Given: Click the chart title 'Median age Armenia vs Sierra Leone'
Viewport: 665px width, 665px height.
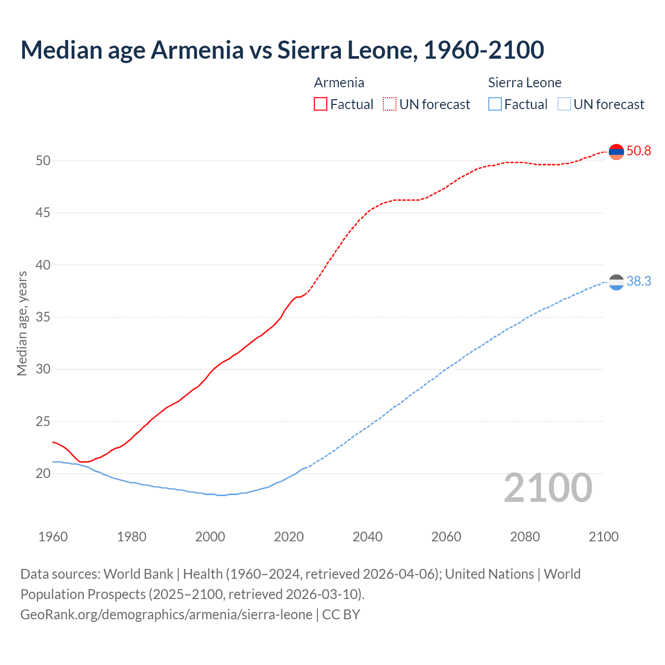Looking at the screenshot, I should (282, 50).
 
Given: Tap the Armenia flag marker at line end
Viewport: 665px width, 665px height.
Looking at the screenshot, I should (616, 152).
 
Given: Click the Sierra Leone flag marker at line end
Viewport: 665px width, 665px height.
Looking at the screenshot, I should (616, 282).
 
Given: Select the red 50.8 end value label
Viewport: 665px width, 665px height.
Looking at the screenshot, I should (639, 151).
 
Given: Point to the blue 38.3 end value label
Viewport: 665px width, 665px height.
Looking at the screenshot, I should (639, 282).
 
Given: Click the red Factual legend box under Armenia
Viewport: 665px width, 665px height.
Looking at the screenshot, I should (321, 104).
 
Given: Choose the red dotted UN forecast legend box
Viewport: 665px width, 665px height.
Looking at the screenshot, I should (390, 104).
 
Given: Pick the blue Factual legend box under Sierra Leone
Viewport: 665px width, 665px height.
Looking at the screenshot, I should (495, 104).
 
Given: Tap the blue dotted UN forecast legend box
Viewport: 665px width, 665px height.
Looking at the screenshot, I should (564, 104).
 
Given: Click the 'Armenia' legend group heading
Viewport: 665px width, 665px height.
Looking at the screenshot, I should (339, 83).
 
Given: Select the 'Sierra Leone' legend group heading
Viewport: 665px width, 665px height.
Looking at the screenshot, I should (525, 83).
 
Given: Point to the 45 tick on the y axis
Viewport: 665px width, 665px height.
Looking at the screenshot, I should (43, 213).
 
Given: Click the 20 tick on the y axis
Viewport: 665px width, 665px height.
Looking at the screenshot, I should (43, 474).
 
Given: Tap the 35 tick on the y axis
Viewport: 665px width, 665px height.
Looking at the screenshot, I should (43, 317).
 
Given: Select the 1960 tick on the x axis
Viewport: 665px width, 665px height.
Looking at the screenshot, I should (53, 537).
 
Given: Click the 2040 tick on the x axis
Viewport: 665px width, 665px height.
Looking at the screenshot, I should (367, 537).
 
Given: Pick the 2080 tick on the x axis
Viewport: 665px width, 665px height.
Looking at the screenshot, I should (525, 537).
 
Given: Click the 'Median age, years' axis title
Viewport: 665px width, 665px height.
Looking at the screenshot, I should (22, 323).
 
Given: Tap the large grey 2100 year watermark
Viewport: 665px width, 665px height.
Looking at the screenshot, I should (548, 488).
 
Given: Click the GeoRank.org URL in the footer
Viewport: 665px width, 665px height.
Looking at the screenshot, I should (166, 615).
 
